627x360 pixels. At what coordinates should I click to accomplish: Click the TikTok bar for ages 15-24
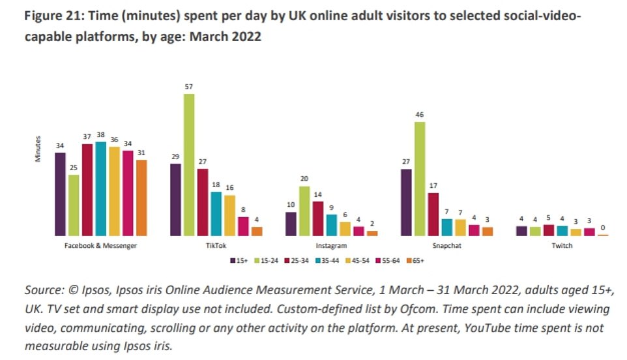pyautogui.click(x=189, y=164)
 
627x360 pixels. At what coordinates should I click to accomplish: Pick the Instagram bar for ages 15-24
pyautogui.click(x=304, y=210)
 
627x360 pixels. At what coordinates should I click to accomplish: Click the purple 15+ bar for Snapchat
pyautogui.click(x=405, y=202)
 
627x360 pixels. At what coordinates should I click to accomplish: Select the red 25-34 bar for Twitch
pyautogui.click(x=549, y=230)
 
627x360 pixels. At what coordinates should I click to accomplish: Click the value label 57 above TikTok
pyautogui.click(x=189, y=87)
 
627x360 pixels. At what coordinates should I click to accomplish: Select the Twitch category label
pyautogui.click(x=562, y=246)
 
